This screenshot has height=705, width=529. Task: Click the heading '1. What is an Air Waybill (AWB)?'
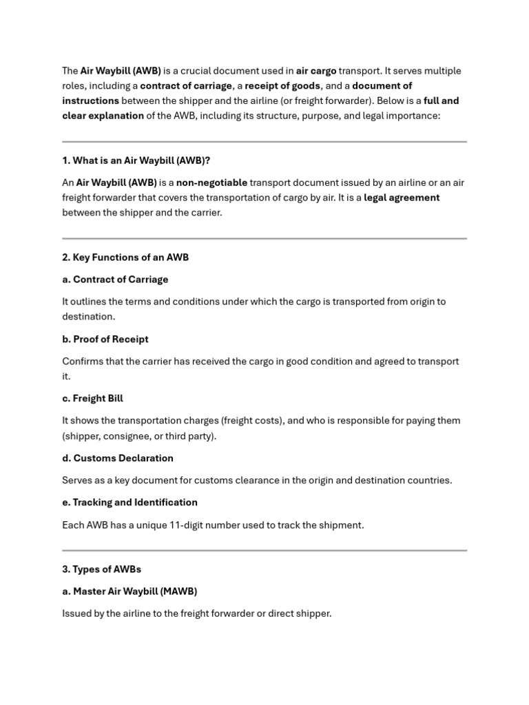pyautogui.click(x=136, y=160)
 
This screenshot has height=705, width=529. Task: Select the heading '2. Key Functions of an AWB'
pyautogui.click(x=125, y=257)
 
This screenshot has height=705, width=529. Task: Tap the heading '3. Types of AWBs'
pyautogui.click(x=101, y=569)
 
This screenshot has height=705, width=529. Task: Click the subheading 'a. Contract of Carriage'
pyautogui.click(x=115, y=280)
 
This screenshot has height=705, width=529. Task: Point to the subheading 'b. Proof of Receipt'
pyautogui.click(x=105, y=339)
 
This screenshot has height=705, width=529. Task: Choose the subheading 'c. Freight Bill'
pyautogui.click(x=93, y=399)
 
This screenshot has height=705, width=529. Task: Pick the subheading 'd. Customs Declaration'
pyautogui.click(x=118, y=459)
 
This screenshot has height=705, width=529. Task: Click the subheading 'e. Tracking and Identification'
pyautogui.click(x=129, y=503)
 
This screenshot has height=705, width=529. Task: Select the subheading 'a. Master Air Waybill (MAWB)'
pyautogui.click(x=129, y=591)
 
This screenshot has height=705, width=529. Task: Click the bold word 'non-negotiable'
pyautogui.click(x=211, y=182)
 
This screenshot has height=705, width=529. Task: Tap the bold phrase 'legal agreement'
pyautogui.click(x=402, y=198)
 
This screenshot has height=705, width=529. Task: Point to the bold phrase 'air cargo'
pyautogui.click(x=316, y=71)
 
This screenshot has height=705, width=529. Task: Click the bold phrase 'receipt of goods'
pyautogui.click(x=282, y=86)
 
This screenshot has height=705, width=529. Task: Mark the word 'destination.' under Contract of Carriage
pyautogui.click(x=89, y=317)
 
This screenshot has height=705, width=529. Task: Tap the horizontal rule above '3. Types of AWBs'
pyautogui.click(x=264, y=550)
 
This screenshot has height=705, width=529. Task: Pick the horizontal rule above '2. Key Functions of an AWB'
pyautogui.click(x=264, y=238)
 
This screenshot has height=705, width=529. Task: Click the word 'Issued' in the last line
pyautogui.click(x=76, y=613)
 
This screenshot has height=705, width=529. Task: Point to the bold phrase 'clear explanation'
pyautogui.click(x=103, y=116)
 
